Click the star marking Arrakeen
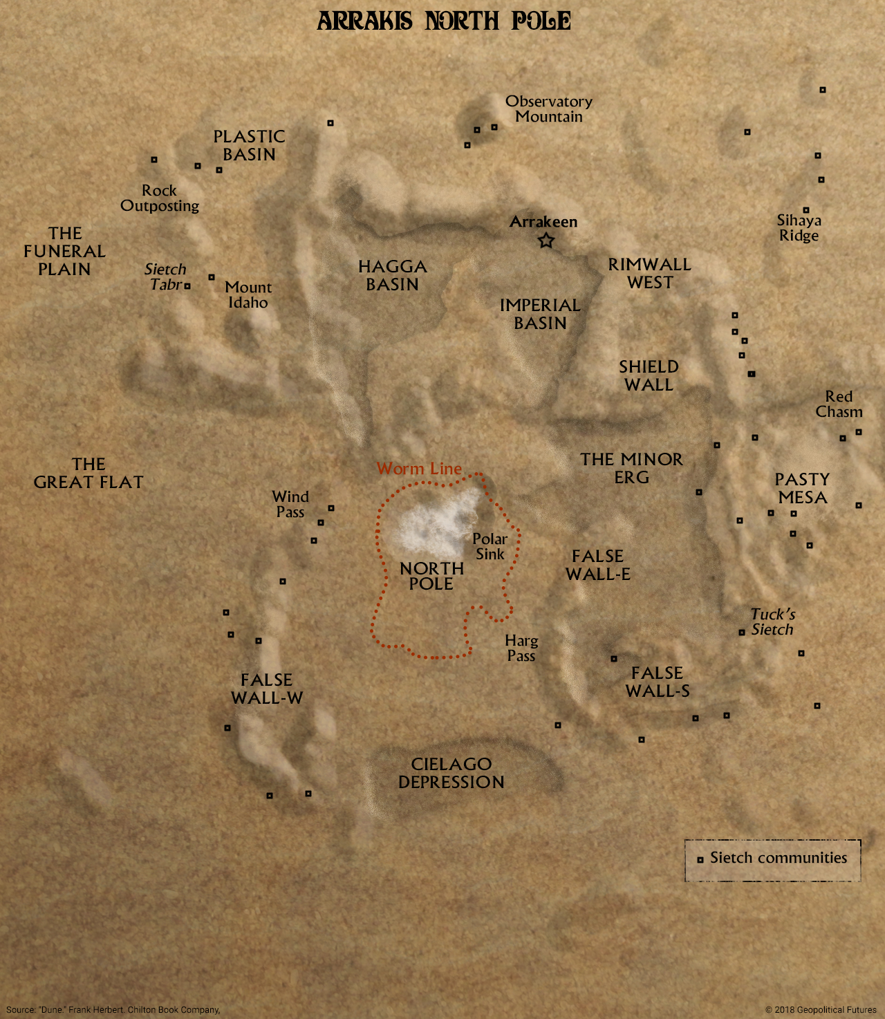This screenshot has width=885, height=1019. click(x=546, y=241)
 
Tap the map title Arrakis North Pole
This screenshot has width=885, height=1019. click(x=444, y=21)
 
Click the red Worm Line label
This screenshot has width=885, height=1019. click(x=419, y=469)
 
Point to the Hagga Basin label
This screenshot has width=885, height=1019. click(x=392, y=275)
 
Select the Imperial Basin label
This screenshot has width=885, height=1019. click(x=540, y=314)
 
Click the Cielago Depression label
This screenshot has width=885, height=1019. click(x=451, y=773)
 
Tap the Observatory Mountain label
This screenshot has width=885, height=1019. click(x=549, y=109)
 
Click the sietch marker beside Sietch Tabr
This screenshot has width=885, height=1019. click(x=187, y=286)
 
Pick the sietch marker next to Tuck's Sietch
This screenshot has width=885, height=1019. click(x=742, y=633)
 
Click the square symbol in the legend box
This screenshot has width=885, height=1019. click(x=700, y=859)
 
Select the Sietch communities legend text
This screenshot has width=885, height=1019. click(x=779, y=858)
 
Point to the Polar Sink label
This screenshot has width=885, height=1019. click(x=490, y=546)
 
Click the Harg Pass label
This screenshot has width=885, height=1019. click(x=521, y=648)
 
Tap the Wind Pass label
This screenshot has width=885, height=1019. click(x=290, y=504)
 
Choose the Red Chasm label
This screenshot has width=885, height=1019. click(x=839, y=404)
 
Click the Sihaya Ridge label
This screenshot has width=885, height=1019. click(x=799, y=227)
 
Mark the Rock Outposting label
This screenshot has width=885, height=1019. click(x=160, y=198)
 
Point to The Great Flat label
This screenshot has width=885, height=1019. click(x=88, y=473)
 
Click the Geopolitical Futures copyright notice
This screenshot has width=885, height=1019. click(x=821, y=1009)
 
